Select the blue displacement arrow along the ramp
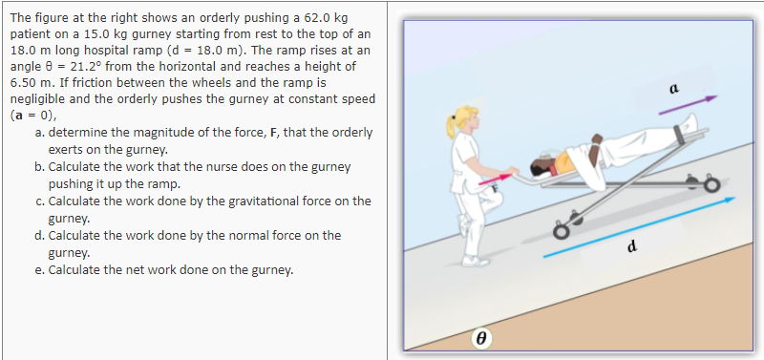[641, 227]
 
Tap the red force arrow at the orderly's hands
[496, 179]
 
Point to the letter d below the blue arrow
[632, 249]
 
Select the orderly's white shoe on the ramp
[475, 259]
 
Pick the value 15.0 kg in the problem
[101, 34]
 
